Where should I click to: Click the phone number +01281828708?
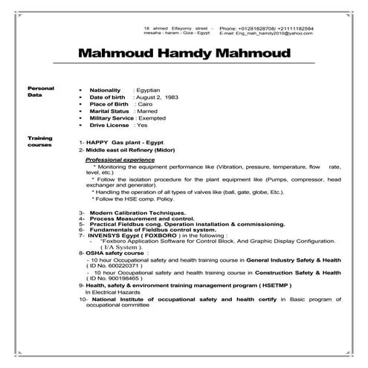tap(269, 28)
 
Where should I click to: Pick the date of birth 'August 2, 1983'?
tap(158, 97)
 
